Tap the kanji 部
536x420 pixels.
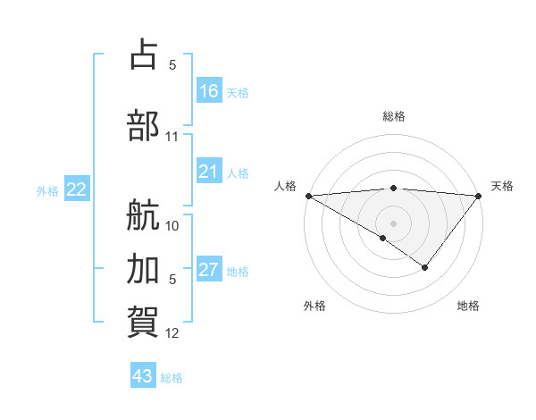pyautogui.click(x=144, y=125)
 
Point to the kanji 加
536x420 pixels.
pyautogui.click(x=144, y=268)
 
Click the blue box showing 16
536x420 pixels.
pyautogui.click(x=209, y=91)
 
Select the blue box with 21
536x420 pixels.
pyautogui.click(x=209, y=172)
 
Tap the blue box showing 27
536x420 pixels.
pyautogui.click(x=209, y=270)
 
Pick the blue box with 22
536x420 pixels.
pyautogui.click(x=77, y=189)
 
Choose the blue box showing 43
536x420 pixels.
pyautogui.click(x=143, y=376)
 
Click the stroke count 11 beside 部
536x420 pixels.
pyautogui.click(x=172, y=137)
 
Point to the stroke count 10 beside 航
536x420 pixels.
pyautogui.click(x=172, y=225)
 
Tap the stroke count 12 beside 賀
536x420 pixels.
pyautogui.click(x=172, y=333)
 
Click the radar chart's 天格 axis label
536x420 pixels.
pyautogui.click(x=503, y=186)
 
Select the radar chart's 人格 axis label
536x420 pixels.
pyautogui.click(x=285, y=186)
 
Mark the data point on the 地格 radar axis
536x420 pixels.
pyautogui.click(x=425, y=267)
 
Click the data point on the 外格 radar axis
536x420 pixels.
pyautogui.click(x=383, y=238)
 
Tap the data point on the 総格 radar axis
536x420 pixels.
pyautogui.click(x=393, y=188)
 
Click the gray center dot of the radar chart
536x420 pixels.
pyautogui.click(x=393, y=223)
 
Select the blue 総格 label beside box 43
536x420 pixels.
pyautogui.click(x=172, y=378)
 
